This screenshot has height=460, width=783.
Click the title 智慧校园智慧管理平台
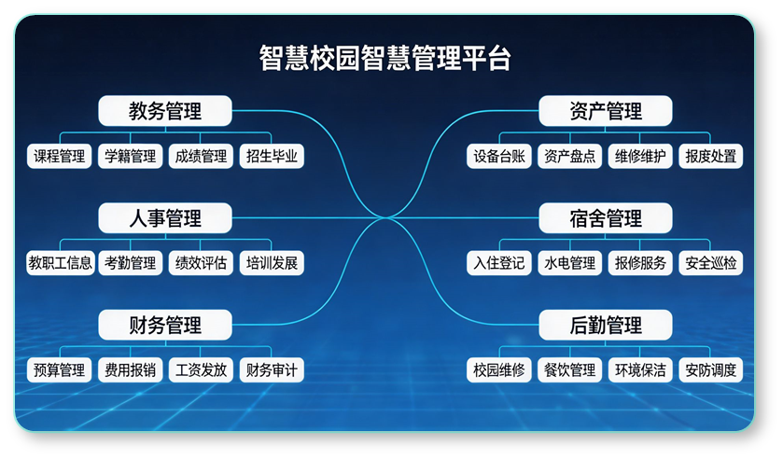pyautogui.click(x=385, y=59)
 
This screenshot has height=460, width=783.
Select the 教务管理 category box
pyautogui.click(x=165, y=111)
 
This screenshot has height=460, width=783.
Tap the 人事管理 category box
pyautogui.click(x=165, y=218)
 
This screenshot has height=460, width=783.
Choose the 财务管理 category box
pyautogui.click(x=165, y=325)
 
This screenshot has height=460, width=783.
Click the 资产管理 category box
pyautogui.click(x=606, y=111)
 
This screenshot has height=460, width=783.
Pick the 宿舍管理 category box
pyautogui.click(x=606, y=218)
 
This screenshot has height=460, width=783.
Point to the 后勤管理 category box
pyautogui.click(x=606, y=325)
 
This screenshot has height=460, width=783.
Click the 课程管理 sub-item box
pyautogui.click(x=60, y=157)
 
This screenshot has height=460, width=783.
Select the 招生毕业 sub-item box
pyautogui.click(x=272, y=157)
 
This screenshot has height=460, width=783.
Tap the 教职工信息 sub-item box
pyautogui.click(x=61, y=263)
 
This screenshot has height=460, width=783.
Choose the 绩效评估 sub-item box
pyautogui.click(x=201, y=263)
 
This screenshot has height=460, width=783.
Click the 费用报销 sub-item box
pyautogui.click(x=131, y=370)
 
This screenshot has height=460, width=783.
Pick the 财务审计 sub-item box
pyautogui.click(x=272, y=370)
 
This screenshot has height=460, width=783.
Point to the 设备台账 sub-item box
pyautogui.click(x=499, y=157)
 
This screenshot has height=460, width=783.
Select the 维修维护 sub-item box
pyautogui.click(x=640, y=157)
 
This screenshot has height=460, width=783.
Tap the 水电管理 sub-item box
pyautogui.click(x=570, y=263)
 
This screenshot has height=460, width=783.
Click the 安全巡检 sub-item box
pyautogui.click(x=710, y=263)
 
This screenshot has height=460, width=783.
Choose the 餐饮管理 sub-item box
pyautogui.click(x=570, y=370)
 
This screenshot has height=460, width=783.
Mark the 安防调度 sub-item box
pyautogui.click(x=710, y=370)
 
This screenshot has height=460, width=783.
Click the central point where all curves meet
pyautogui.click(x=385, y=217)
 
